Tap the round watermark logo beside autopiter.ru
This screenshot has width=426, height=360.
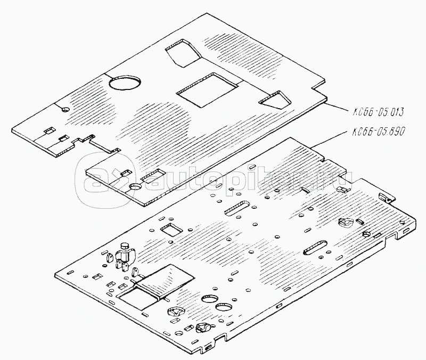click(x=101, y=176)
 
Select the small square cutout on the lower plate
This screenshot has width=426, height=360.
click(x=171, y=230)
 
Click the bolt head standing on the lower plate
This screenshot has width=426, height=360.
click(x=126, y=247)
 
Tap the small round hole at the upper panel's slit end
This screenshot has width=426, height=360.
click(x=65, y=109)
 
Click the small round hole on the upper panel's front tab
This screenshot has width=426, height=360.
click(x=134, y=187)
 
